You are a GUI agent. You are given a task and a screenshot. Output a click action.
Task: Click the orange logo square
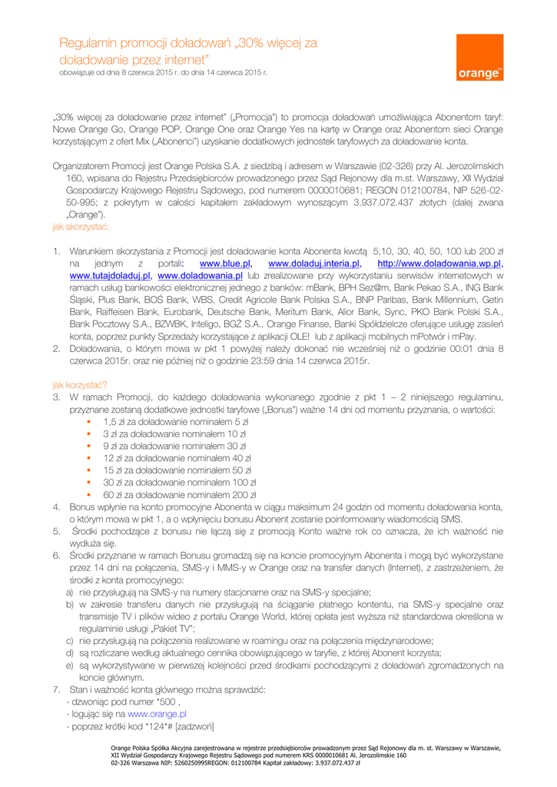480,58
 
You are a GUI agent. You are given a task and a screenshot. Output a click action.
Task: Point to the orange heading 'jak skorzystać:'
81,227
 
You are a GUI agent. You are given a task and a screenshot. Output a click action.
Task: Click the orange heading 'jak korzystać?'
79,384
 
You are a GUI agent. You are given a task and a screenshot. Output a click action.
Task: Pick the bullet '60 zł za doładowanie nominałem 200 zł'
179,495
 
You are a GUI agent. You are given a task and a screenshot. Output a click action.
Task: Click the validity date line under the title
163,72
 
